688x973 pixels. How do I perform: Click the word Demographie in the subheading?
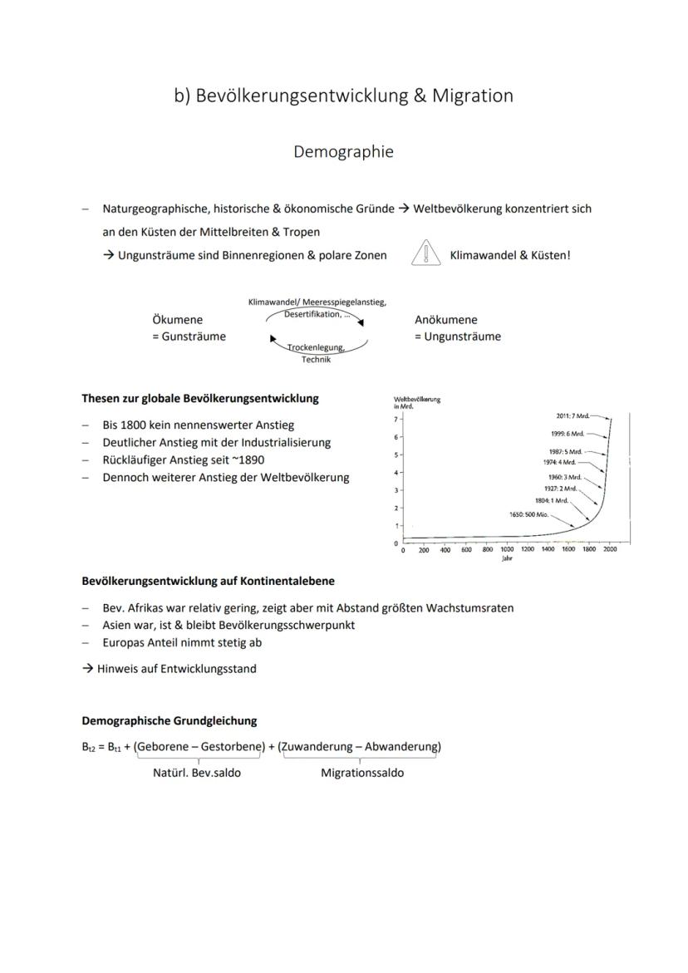click(343, 152)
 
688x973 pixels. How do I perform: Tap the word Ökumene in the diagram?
click(177, 320)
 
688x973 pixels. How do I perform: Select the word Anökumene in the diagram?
click(446, 320)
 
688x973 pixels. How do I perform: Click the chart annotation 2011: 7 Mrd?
click(574, 415)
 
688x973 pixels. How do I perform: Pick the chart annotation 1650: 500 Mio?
click(528, 514)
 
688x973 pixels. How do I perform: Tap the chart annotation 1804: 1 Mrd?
click(551, 500)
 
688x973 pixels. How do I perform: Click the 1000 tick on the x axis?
click(507, 550)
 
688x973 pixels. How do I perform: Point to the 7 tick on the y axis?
click(397, 420)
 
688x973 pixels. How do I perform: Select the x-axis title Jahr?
click(507, 559)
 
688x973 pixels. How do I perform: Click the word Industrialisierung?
click(285, 442)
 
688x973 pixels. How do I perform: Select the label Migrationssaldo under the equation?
click(362, 773)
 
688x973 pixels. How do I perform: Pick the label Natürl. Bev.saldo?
click(197, 773)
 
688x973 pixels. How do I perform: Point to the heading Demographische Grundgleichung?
click(169, 720)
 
